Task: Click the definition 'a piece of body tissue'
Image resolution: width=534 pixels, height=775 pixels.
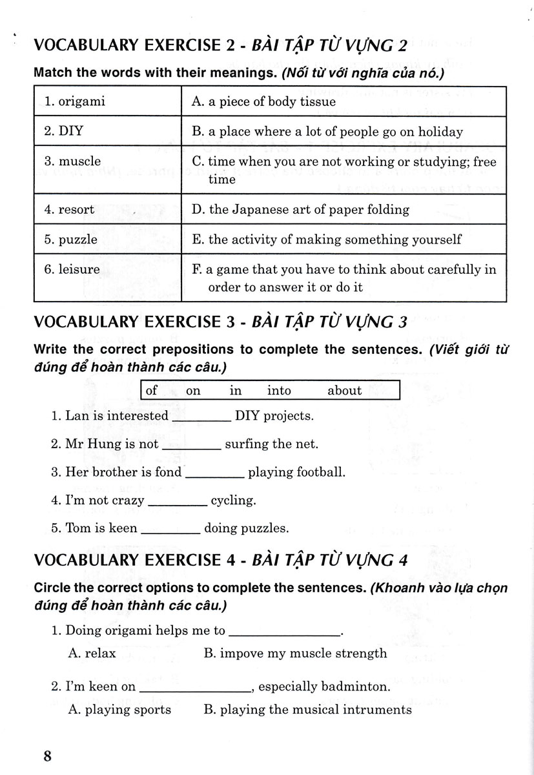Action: pyautogui.click(x=264, y=101)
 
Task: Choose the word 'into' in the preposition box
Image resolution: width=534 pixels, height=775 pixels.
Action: pyautogui.click(x=278, y=391)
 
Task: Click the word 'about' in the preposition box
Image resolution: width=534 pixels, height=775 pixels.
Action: pyautogui.click(x=344, y=391)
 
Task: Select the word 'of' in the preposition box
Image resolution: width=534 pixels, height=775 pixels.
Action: pyautogui.click(x=152, y=391)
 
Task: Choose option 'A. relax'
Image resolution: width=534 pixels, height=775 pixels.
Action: pyautogui.click(x=92, y=653)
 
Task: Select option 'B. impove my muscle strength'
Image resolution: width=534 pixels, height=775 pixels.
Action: pyautogui.click(x=295, y=653)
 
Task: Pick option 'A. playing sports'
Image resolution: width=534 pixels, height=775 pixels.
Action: pyautogui.click(x=110, y=710)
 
